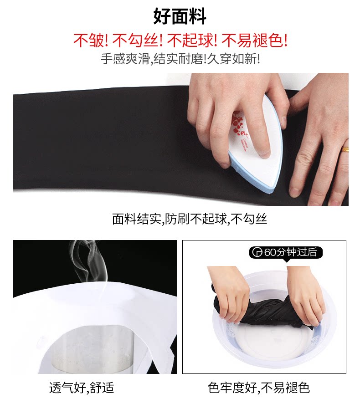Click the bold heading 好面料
tap(180, 16)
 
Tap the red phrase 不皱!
tap(90, 41)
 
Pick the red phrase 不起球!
tap(192, 41)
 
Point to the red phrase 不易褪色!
tap(254, 41)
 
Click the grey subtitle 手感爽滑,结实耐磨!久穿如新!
tap(180, 59)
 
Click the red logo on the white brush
tap(240, 127)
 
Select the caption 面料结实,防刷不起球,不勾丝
tap(190, 219)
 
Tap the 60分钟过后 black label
tap(286, 252)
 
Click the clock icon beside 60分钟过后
tap(257, 252)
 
